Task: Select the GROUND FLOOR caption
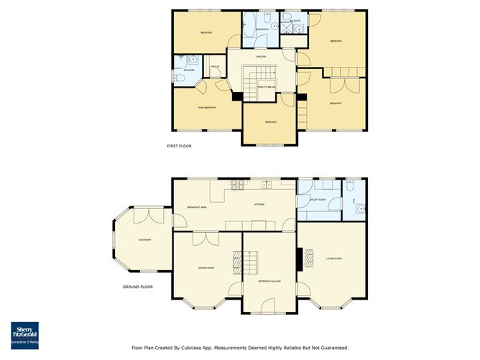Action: coord(137,287)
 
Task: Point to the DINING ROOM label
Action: coord(206,268)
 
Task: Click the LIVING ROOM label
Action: coord(333,258)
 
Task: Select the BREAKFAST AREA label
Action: coord(197,207)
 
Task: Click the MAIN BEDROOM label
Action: coord(207,107)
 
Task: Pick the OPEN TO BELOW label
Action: coord(267,86)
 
